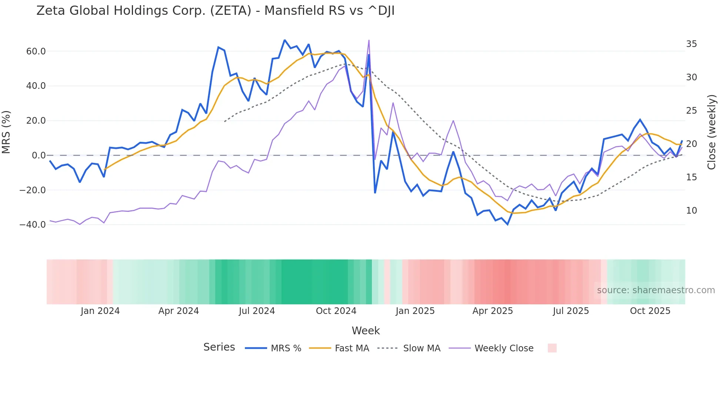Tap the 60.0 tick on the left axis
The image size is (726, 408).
(36, 51)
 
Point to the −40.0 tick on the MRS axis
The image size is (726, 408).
(33, 225)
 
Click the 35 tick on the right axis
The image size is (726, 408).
(691, 44)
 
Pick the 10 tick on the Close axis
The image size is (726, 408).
(691, 211)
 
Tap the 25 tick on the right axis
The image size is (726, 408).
(691, 111)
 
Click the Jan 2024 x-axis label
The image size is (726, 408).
(100, 311)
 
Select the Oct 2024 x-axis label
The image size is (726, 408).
(336, 311)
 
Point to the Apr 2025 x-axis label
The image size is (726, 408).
(493, 311)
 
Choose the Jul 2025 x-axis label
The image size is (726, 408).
(571, 311)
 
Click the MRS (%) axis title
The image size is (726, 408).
(6, 132)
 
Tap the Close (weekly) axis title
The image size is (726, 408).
(712, 132)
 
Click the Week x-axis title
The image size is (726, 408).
(366, 331)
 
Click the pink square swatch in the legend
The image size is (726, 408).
(552, 348)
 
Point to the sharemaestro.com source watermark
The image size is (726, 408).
(656, 290)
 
